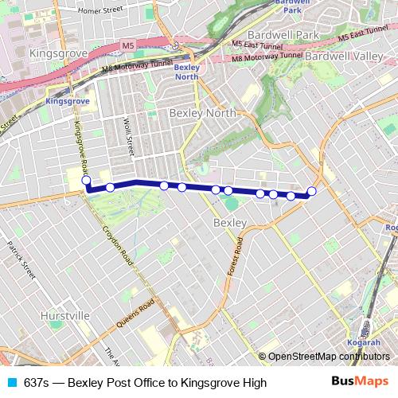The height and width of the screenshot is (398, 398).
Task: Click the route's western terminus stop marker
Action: click(x=86, y=181)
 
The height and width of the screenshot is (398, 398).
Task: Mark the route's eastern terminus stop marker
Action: click(x=311, y=191)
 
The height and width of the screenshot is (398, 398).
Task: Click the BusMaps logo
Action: click(x=360, y=382)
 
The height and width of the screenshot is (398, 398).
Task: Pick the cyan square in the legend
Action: click(x=11, y=382)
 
